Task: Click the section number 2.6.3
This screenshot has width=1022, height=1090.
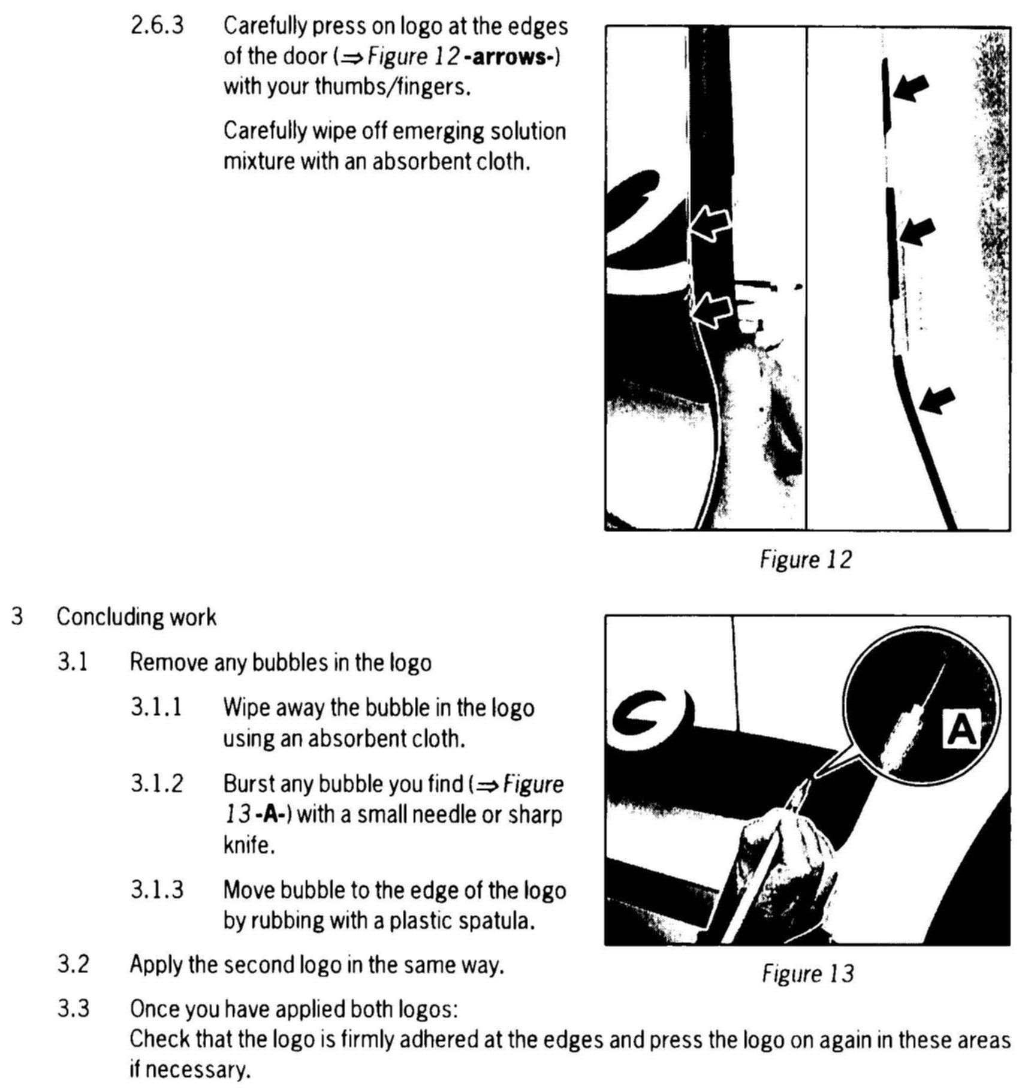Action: point(157,26)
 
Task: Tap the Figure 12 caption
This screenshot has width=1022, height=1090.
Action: point(805,560)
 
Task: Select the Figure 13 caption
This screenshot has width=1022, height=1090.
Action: point(807,974)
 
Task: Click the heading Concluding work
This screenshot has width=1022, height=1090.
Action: point(136,617)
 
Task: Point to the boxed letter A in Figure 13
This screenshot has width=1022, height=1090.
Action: point(961,729)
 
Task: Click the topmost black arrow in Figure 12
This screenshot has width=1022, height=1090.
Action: point(911,89)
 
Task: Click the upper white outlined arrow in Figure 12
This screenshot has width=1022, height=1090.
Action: point(711,225)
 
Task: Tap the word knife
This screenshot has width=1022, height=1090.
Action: point(249,846)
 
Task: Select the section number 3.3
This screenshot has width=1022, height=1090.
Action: point(73,1009)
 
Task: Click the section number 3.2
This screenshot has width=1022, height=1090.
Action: point(73,965)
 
